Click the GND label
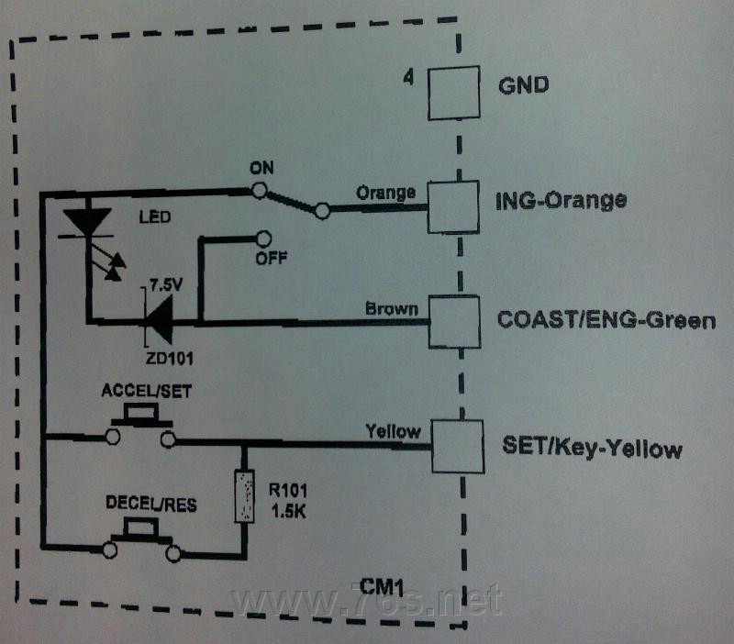coord(523,85)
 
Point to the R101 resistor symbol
coord(244,496)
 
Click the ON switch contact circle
coord(260,190)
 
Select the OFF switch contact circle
coord(264,239)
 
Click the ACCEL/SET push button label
coord(147,392)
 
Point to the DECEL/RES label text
coord(151,504)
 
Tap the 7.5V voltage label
coord(166,284)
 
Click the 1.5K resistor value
coord(288,512)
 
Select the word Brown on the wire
coord(392,309)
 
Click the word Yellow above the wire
coord(393,431)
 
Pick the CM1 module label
coord(382,587)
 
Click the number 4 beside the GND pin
coord(408,77)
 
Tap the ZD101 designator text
coord(170,359)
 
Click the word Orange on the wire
coord(385,193)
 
